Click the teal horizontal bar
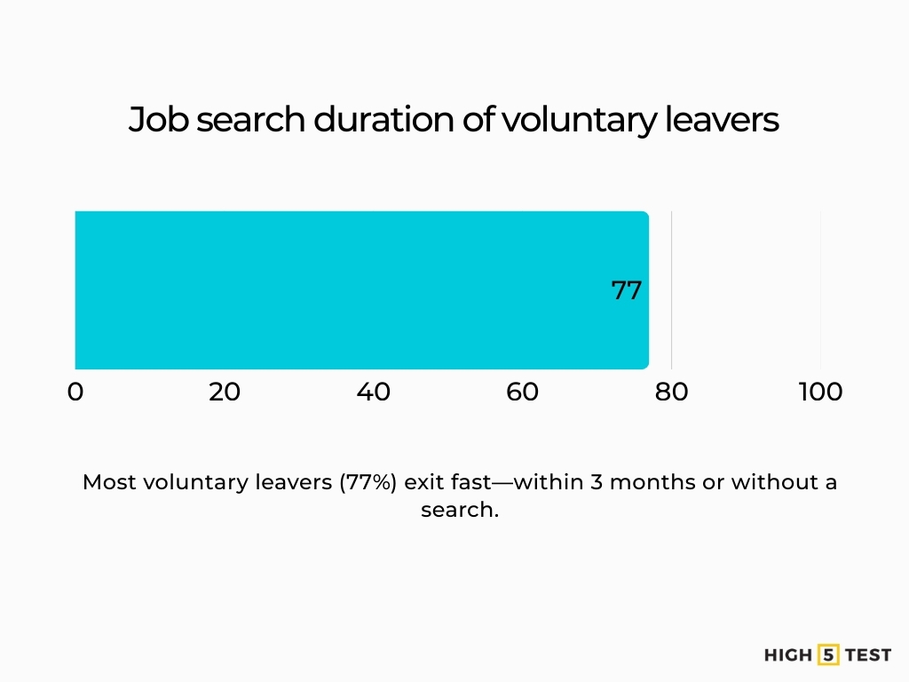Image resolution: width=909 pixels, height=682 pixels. [355, 289]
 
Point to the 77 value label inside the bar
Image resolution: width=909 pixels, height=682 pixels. [626, 290]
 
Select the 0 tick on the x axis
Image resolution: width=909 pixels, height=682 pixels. [75, 392]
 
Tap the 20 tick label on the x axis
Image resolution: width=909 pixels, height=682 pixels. [225, 392]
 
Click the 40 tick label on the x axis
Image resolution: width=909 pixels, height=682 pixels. [374, 392]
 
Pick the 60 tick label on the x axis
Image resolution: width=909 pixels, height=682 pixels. [523, 392]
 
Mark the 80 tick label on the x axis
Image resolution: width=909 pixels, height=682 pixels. [672, 392]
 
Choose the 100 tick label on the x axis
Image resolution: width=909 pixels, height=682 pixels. [820, 392]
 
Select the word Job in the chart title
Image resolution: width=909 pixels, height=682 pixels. [159, 120]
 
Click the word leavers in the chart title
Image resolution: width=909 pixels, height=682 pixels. [722, 120]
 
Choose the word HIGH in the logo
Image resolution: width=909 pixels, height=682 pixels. [788, 655]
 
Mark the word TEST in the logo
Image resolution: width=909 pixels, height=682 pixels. [868, 655]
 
